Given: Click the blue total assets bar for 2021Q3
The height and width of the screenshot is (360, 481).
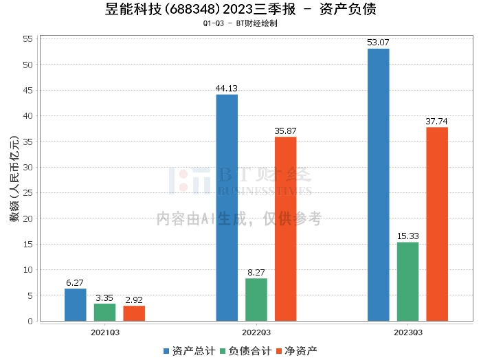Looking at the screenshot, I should click(76, 305).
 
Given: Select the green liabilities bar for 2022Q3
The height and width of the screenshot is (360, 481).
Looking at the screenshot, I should click(256, 300).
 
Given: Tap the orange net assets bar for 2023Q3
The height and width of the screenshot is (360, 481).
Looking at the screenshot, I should click(437, 224).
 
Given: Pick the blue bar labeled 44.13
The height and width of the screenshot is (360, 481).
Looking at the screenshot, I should click(227, 207).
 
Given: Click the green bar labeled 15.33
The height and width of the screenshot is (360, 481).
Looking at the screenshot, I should click(407, 282).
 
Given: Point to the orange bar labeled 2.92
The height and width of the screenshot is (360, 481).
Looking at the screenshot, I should click(134, 313).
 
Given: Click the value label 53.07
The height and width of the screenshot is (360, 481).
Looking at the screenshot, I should click(378, 43).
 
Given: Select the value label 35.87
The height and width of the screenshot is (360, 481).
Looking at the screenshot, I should click(285, 131).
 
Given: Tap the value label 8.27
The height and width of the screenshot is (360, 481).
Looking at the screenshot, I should click(256, 272).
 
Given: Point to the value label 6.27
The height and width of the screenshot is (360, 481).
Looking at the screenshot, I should click(76, 282).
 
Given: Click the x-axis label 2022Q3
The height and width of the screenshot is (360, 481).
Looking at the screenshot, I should click(256, 333).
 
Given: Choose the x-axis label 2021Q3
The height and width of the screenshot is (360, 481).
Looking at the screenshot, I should click(105, 333).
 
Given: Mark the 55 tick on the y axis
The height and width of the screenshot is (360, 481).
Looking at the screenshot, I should click(28, 39).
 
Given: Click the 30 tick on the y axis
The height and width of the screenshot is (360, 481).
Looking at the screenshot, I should click(28, 168).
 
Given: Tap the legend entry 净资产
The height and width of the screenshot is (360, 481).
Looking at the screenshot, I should click(295, 350).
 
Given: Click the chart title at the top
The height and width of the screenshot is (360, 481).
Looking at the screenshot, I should click(240, 10).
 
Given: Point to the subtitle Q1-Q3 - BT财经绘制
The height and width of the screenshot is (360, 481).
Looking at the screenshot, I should click(240, 23).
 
